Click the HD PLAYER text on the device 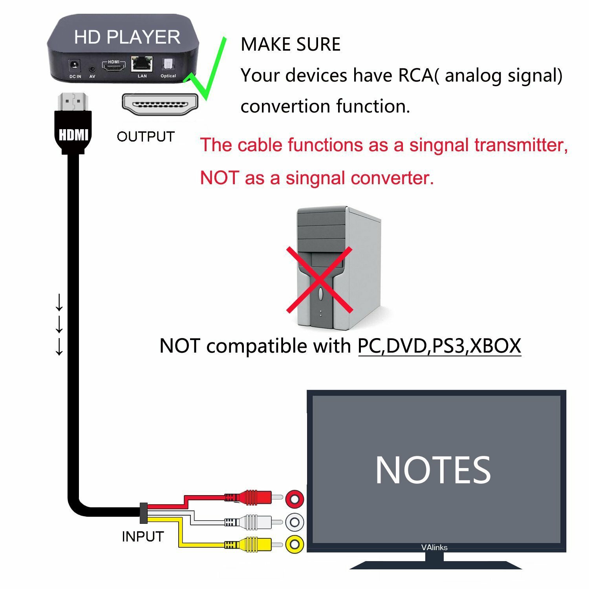(x=127, y=37)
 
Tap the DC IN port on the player (x=75, y=65)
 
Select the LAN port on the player (x=142, y=63)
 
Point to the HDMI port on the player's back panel (x=113, y=65)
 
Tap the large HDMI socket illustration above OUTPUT (x=160, y=104)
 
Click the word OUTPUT (x=146, y=137)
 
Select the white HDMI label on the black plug (x=73, y=135)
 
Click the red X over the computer (x=319, y=280)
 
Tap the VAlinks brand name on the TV (x=434, y=547)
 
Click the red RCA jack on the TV (x=294, y=499)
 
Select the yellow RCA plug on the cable (x=251, y=545)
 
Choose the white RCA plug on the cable (x=251, y=522)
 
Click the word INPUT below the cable (x=143, y=536)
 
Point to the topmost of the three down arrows (x=59, y=302)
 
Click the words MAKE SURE (x=290, y=44)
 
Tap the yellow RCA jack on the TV (x=294, y=545)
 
